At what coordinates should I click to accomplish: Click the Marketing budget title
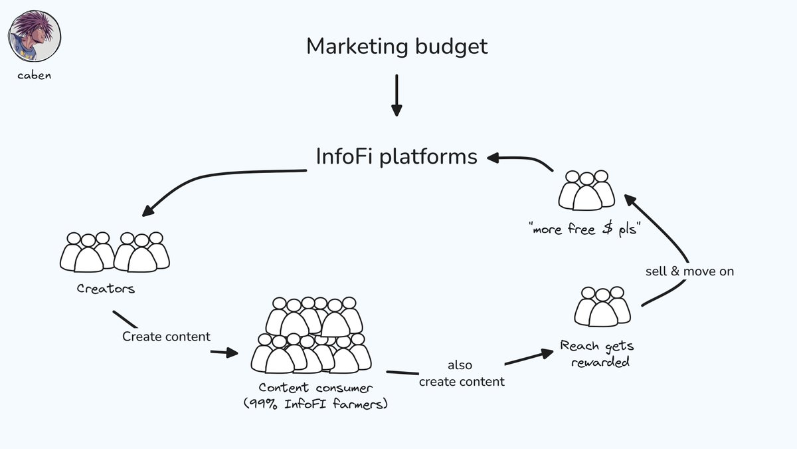(x=397, y=47)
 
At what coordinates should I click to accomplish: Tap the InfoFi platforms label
(x=396, y=156)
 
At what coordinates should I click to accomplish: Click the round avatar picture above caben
(x=35, y=35)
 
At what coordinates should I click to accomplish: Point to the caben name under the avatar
(x=35, y=75)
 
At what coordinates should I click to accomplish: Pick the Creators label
(x=106, y=289)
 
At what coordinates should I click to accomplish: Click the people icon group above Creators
(x=115, y=251)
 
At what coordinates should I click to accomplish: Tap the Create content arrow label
(x=166, y=337)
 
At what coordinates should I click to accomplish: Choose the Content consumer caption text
(x=316, y=388)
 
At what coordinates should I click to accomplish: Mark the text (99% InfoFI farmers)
(x=315, y=403)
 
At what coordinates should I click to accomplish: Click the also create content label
(x=462, y=374)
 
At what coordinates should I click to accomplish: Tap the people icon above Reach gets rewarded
(x=602, y=306)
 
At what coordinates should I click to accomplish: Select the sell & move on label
(x=689, y=271)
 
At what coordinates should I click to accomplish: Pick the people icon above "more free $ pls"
(x=586, y=190)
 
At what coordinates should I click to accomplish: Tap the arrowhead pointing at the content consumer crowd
(x=232, y=353)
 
